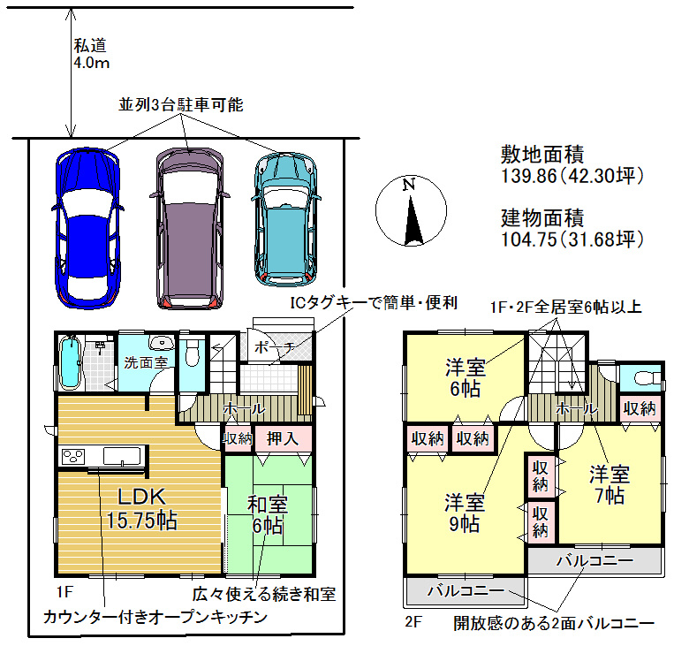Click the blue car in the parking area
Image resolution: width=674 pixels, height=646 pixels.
click(x=87, y=228)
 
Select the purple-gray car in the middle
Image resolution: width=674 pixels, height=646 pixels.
click(x=190, y=228)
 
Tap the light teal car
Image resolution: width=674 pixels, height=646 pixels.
click(x=286, y=219)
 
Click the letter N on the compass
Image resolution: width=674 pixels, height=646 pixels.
click(x=409, y=185)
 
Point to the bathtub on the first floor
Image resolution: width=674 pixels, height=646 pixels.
click(x=70, y=362)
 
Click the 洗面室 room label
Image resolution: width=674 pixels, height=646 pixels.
click(x=146, y=362)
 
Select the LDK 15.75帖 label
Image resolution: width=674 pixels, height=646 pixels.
click(x=141, y=508)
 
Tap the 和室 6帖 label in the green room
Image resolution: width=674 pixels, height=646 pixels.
click(x=268, y=515)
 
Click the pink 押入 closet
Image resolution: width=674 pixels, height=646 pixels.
click(x=284, y=438)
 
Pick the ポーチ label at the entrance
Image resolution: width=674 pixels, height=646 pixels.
click(x=274, y=346)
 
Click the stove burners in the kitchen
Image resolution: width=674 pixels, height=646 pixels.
click(x=73, y=456)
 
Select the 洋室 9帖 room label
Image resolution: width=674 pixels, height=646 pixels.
click(x=465, y=513)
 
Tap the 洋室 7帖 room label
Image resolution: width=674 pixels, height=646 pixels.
click(x=610, y=484)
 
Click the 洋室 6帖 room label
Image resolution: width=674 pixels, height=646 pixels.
click(x=466, y=377)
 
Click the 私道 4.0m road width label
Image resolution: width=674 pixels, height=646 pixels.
click(x=91, y=54)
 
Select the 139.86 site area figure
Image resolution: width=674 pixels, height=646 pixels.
click(x=529, y=176)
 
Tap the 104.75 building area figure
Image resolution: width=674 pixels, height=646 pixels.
click(x=529, y=239)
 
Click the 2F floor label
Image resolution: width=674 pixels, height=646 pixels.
click(x=413, y=621)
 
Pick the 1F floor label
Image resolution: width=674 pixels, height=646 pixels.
click(x=64, y=592)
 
